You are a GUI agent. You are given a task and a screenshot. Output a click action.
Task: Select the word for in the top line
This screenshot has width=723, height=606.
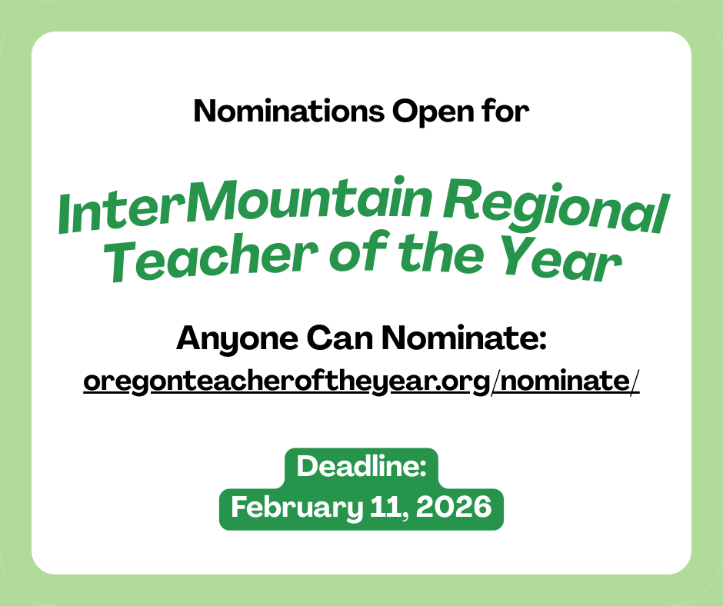point(508,112)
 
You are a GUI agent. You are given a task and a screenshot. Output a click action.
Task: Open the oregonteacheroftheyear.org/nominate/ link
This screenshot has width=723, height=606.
point(361,381)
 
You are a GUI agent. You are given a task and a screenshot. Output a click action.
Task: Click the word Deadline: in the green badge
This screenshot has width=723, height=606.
point(361,467)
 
